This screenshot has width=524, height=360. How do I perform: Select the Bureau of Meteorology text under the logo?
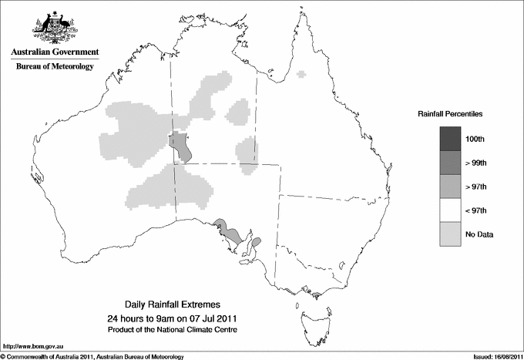[x=55, y=67]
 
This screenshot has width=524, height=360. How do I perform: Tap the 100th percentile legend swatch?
[x=449, y=138]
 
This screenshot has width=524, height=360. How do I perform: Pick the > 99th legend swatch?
[x=449, y=162]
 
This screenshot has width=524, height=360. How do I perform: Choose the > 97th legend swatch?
[x=449, y=186]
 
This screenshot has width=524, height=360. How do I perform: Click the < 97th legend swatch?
[x=449, y=210]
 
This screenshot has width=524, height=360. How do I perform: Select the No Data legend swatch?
[x=449, y=234]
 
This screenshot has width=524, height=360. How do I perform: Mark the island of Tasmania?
[x=310, y=317]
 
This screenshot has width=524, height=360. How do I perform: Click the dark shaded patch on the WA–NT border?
[x=181, y=146]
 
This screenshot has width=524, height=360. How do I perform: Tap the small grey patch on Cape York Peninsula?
[x=302, y=74]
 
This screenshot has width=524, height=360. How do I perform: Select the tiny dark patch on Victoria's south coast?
[x=314, y=293]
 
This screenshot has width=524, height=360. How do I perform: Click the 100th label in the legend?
[x=475, y=139]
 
